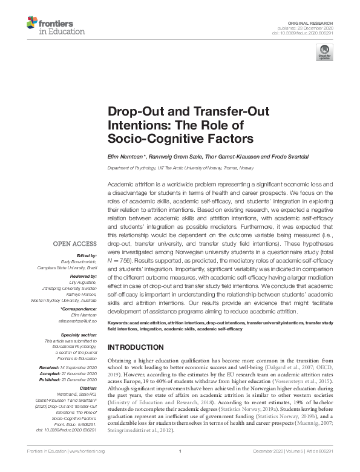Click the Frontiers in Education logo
point(49,25)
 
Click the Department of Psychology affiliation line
point(180,168)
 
